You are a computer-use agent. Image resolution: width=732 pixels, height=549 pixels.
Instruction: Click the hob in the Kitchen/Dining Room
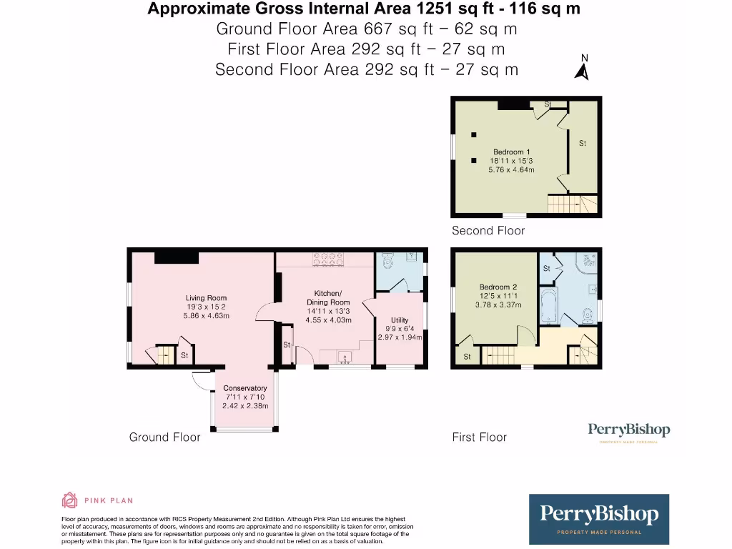click(327, 259)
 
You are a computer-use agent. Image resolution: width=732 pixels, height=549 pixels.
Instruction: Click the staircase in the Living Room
click(164, 353)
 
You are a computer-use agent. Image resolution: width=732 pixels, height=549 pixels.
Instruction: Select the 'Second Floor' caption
click(488, 231)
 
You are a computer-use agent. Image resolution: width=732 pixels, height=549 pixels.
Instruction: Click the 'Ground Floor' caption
click(164, 437)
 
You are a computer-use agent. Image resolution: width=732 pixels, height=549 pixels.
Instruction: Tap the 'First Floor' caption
click(479, 437)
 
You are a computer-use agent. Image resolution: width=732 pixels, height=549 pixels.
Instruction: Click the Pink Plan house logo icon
click(69, 500)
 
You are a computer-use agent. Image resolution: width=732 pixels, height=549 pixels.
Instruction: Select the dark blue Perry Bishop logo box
click(599, 518)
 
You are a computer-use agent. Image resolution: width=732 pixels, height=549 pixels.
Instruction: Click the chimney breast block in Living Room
click(177, 257)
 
